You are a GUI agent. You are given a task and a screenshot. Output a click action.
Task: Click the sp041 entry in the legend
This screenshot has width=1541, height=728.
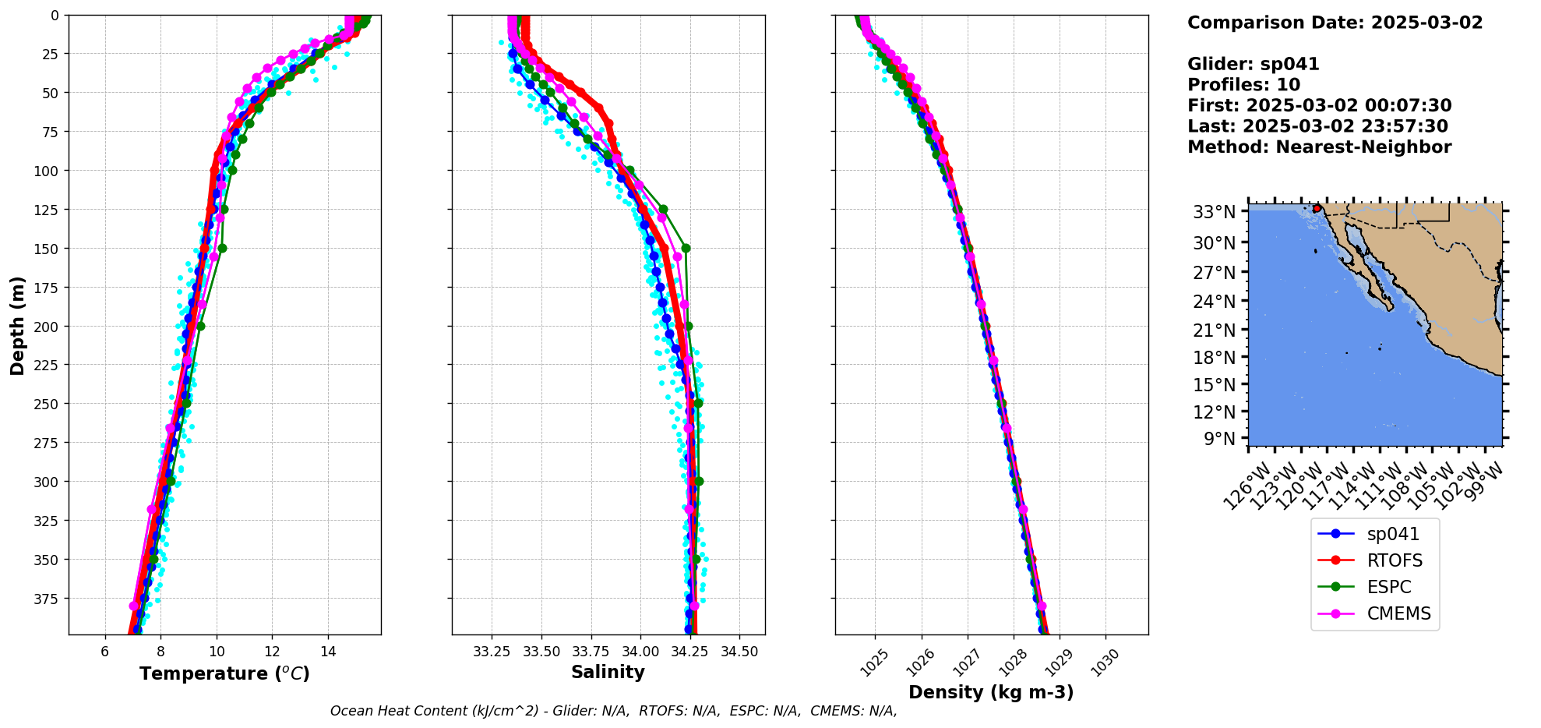tap(1392, 535)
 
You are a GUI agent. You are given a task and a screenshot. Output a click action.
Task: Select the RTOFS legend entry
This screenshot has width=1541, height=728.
tap(1394, 561)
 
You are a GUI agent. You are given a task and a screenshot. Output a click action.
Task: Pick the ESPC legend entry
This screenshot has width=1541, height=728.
tap(1388, 588)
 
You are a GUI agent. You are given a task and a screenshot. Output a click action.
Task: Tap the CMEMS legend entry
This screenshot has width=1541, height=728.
tap(1398, 614)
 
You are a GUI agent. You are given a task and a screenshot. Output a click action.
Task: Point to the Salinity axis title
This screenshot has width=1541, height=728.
tap(608, 673)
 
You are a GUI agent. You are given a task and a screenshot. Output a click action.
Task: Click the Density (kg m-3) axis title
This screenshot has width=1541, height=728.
tap(991, 692)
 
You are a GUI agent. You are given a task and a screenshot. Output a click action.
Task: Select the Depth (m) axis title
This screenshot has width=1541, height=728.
tap(17, 325)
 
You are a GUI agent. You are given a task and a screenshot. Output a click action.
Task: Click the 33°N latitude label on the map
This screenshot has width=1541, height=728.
tap(1214, 212)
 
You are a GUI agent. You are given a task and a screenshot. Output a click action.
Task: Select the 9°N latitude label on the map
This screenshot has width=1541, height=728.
tap(1219, 439)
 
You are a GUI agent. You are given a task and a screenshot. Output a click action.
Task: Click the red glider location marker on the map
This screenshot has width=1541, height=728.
tap(1317, 208)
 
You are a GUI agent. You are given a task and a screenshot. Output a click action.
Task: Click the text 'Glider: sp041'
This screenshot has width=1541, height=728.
tap(1253, 65)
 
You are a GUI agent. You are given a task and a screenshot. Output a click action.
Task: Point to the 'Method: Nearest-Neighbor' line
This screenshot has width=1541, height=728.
tap(1319, 147)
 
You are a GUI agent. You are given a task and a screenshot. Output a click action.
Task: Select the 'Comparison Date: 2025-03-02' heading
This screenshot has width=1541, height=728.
tap(1335, 23)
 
